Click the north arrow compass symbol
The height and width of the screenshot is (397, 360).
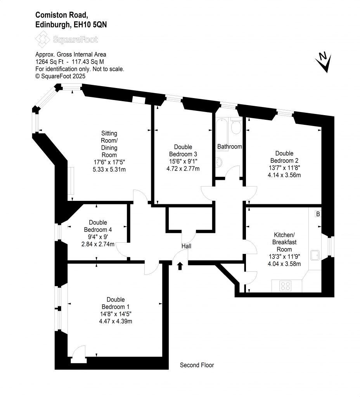[x=324, y=62]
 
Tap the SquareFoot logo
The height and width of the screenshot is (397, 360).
[x=66, y=39]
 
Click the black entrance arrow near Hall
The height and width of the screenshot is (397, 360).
[x=180, y=266]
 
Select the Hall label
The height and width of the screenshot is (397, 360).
[x=186, y=246]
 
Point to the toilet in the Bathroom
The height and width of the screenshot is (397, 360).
[x=235, y=126]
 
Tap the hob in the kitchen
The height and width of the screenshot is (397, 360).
[x=286, y=286]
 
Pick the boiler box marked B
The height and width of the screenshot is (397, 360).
[x=318, y=214]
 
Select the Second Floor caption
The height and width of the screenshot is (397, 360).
[x=197, y=365]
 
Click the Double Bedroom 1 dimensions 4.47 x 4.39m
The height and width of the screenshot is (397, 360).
[x=116, y=321]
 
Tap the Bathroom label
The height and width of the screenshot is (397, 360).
[x=230, y=147]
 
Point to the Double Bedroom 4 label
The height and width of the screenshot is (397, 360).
[x=98, y=226]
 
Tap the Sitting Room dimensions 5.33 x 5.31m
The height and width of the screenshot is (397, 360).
[x=109, y=169]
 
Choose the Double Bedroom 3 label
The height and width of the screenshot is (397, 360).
[x=183, y=150]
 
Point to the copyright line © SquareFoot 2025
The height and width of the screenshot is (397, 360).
[x=60, y=76]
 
